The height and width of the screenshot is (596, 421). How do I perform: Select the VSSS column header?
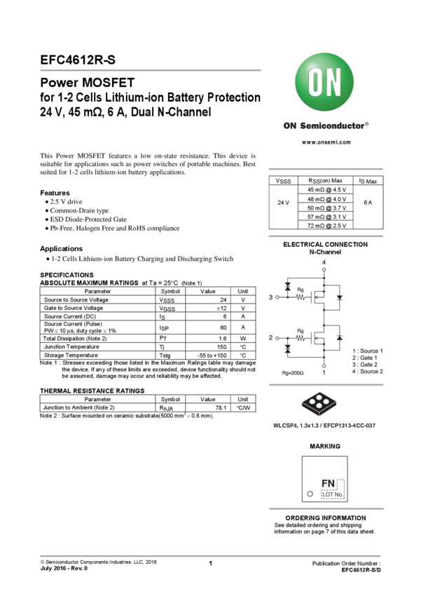tap(282, 181)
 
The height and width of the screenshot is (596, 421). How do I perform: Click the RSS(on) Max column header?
tap(326, 181)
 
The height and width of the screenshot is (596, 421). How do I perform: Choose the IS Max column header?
tap(368, 181)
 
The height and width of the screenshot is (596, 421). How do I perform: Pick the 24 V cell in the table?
tap(282, 203)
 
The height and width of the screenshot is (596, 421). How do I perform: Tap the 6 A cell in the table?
tap(368, 203)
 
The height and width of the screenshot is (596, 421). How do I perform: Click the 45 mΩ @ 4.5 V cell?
tap(326, 190)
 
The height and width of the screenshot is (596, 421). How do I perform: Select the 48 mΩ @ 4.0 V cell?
tap(326, 199)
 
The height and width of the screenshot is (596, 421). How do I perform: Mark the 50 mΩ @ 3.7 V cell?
tap(326, 208)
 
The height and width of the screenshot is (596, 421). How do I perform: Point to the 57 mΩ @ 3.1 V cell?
tap(326, 217)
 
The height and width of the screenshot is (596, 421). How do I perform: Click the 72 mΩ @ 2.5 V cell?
tap(326, 226)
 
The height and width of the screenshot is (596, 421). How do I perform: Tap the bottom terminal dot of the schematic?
tap(324, 364)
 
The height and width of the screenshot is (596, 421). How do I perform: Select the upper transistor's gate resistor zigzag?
tap(301, 297)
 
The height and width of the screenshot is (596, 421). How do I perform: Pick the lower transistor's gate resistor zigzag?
tap(301, 338)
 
